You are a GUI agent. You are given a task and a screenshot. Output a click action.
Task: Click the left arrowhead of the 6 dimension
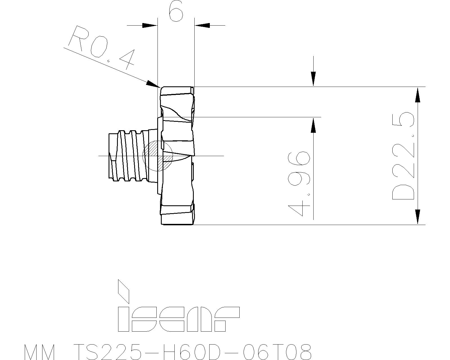[x=149, y=25]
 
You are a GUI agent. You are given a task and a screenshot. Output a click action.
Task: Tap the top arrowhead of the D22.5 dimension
[x=418, y=95]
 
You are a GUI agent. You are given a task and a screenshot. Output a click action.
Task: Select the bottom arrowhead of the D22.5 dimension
[x=418, y=217]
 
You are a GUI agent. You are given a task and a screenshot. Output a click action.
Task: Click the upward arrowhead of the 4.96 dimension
[x=313, y=125]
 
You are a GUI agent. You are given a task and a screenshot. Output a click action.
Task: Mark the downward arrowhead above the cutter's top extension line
[x=313, y=79]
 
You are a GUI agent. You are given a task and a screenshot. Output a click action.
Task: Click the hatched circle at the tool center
[x=157, y=156]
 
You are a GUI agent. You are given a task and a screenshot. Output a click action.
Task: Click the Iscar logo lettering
[x=178, y=319]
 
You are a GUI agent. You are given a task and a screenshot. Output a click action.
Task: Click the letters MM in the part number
[x=39, y=352]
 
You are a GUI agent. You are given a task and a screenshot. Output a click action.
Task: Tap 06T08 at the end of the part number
[x=277, y=352]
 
